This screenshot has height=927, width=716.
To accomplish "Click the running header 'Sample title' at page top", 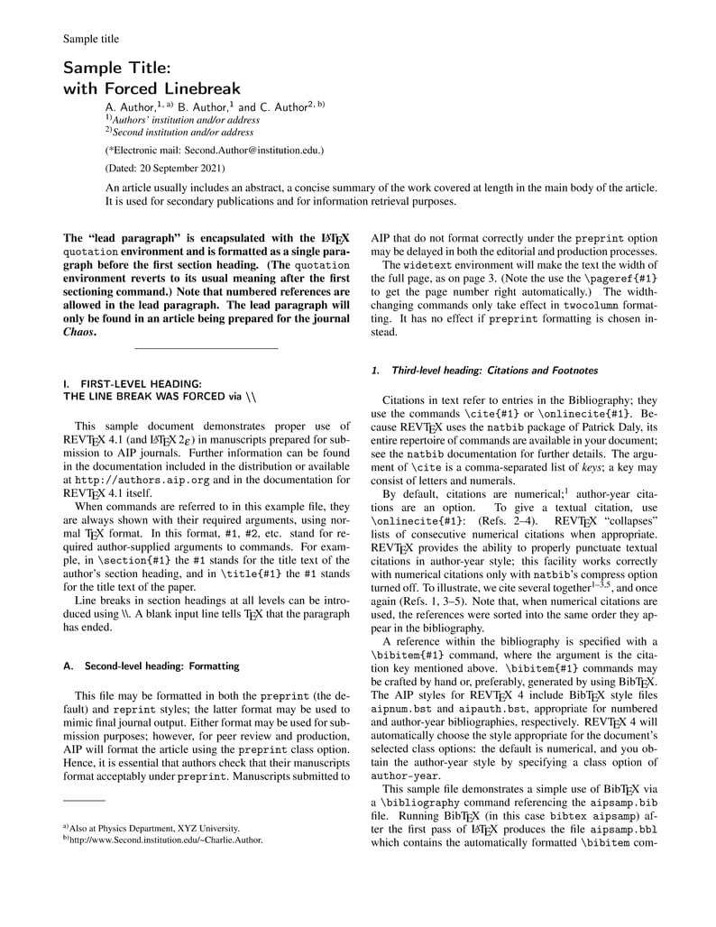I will [x=91, y=39].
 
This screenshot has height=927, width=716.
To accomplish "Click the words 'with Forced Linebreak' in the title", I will [x=151, y=88].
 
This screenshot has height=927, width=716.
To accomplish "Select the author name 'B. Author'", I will [x=205, y=106].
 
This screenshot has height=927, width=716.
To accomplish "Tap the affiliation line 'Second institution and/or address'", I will [x=183, y=132].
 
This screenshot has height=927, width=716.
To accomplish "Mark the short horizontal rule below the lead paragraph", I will [x=206, y=349].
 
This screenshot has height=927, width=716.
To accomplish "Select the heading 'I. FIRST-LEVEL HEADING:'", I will [x=133, y=383].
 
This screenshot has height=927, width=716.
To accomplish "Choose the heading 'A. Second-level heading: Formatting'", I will [x=151, y=666].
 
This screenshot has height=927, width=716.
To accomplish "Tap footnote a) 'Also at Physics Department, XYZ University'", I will [x=154, y=828].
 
